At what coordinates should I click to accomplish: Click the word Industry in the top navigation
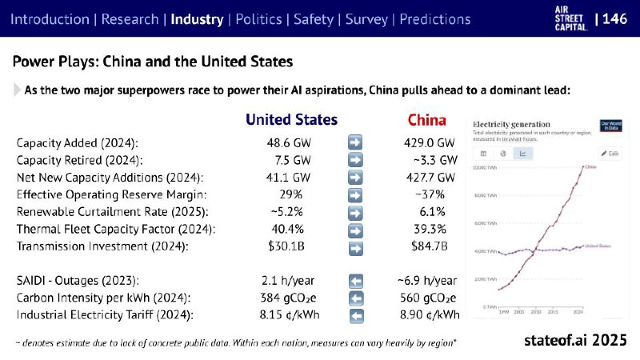click(x=197, y=18)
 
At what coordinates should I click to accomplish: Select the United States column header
click(x=291, y=120)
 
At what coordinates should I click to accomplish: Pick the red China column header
click(x=427, y=120)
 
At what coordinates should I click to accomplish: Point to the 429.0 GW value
click(x=430, y=142)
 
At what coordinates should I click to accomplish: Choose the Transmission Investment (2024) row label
click(x=102, y=246)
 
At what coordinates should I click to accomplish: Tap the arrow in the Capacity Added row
click(x=356, y=142)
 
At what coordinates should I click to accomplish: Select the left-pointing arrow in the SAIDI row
click(x=356, y=281)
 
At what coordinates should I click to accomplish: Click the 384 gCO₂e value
click(x=291, y=298)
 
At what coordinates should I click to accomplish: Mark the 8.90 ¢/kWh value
click(x=430, y=315)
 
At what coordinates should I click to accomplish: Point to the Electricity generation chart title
click(x=511, y=124)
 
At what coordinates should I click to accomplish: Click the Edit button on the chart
click(x=610, y=153)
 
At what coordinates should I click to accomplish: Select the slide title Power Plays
click(x=152, y=62)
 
